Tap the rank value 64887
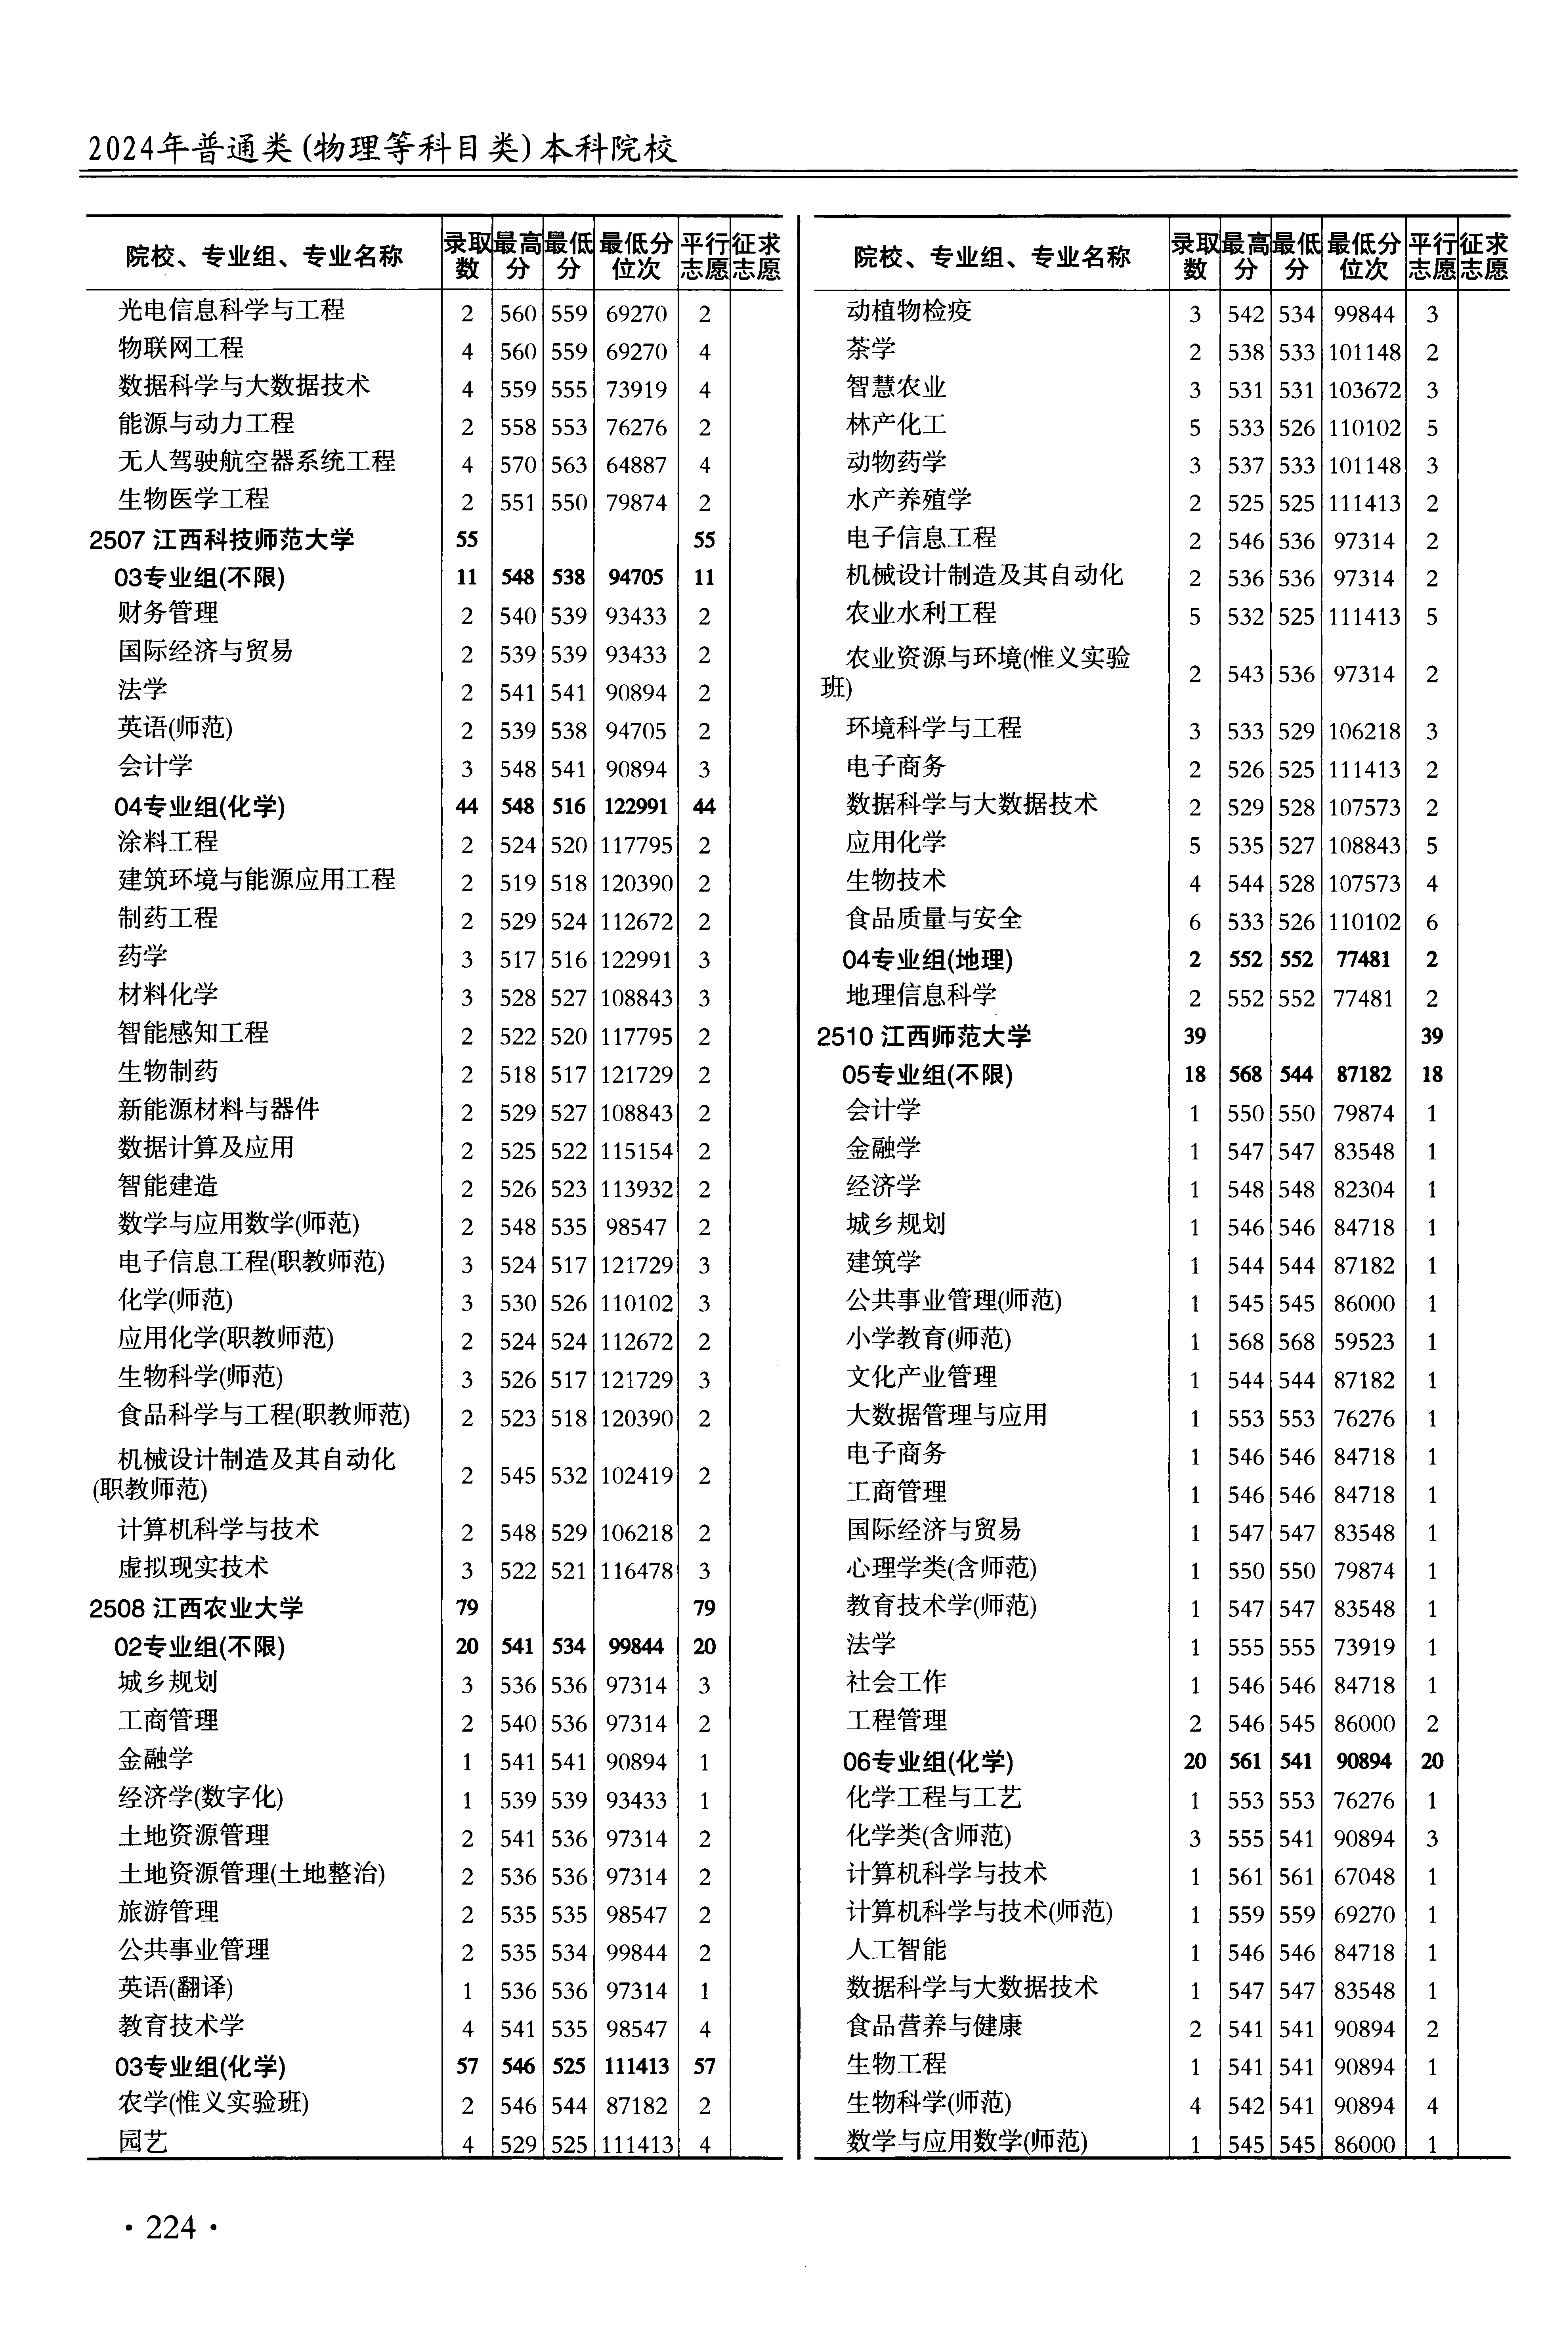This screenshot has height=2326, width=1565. [636, 465]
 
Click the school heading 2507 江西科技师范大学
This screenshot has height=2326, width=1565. [222, 540]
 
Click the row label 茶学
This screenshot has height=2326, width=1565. [871, 349]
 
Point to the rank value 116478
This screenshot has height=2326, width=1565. [636, 1571]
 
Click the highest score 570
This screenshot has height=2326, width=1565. [518, 465]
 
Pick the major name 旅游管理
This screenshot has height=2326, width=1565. [168, 1912]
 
